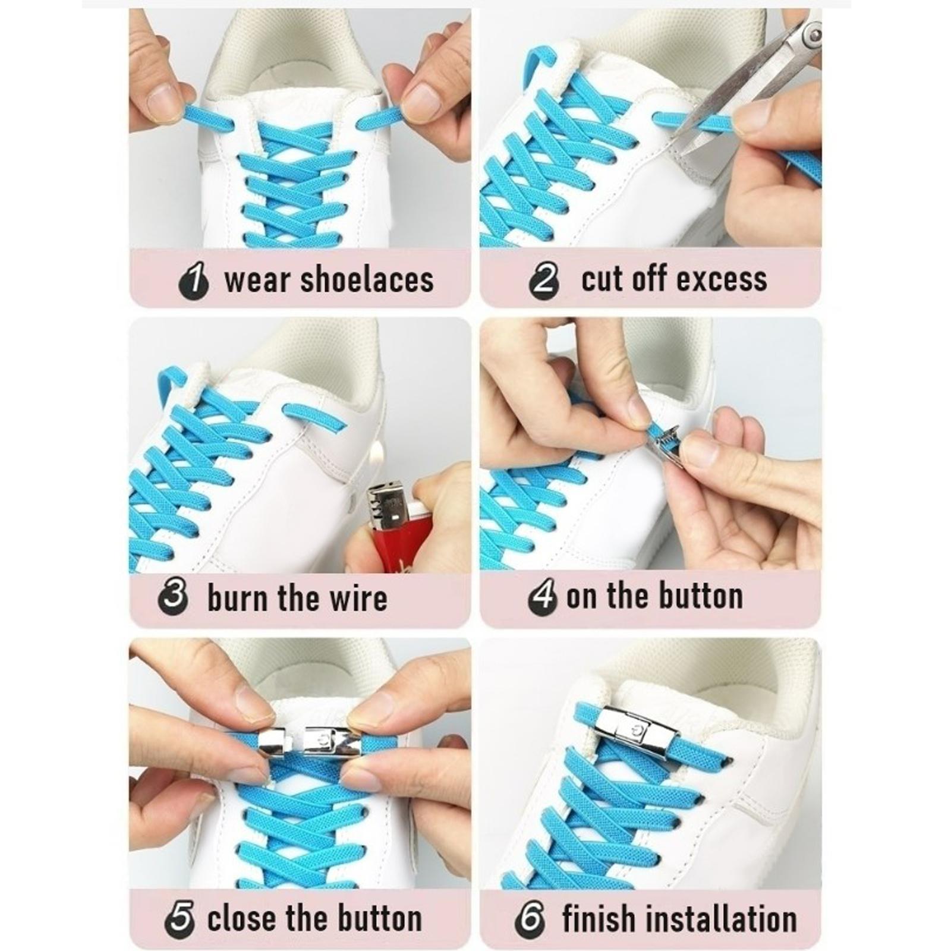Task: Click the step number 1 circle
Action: [193, 282]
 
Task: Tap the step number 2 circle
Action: [543, 281]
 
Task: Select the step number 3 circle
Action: [173, 597]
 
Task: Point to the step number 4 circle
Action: [543, 597]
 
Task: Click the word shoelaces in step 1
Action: [367, 281]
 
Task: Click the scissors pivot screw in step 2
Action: [811, 36]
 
